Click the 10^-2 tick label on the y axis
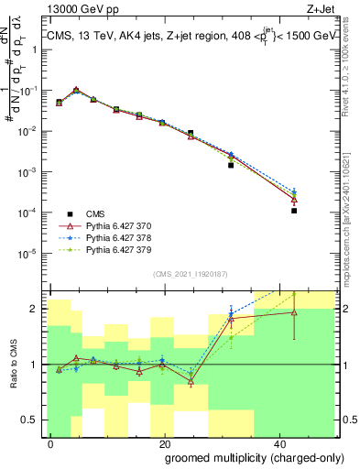point(29,132)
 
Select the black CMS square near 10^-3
point(231,166)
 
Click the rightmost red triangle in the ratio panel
point(294,312)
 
